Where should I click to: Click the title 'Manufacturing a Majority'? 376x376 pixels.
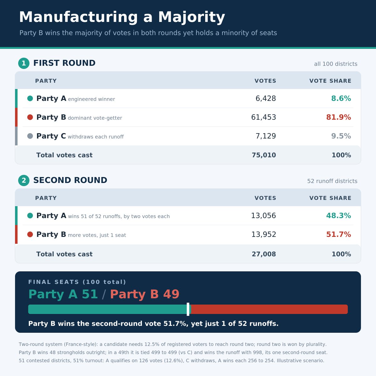[122, 17]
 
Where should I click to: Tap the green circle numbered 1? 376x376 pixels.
[24, 63]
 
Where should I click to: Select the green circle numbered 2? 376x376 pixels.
[24, 180]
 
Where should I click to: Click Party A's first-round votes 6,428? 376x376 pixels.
[266, 98]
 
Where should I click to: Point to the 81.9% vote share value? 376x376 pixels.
[338, 117]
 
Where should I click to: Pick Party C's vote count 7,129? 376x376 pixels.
[266, 136]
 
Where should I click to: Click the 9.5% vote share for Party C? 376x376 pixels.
[341, 136]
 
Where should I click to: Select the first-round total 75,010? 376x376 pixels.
[264, 155]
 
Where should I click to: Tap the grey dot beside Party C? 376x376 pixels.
[30, 136]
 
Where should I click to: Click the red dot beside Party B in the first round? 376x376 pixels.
[30, 117]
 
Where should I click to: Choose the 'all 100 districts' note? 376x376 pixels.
[336, 64]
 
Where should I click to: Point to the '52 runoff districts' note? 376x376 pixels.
[332, 181]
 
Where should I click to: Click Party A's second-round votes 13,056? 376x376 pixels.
[264, 215]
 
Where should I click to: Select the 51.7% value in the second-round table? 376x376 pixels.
[338, 234]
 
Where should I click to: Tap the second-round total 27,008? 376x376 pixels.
[264, 254]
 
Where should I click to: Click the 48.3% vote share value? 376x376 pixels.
[338, 215]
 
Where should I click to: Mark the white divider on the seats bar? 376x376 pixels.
[188, 309]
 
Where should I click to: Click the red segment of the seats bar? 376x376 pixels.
[269, 309]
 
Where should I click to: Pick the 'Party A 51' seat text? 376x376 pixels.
[63, 294]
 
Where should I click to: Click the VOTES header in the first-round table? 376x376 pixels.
[265, 81]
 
